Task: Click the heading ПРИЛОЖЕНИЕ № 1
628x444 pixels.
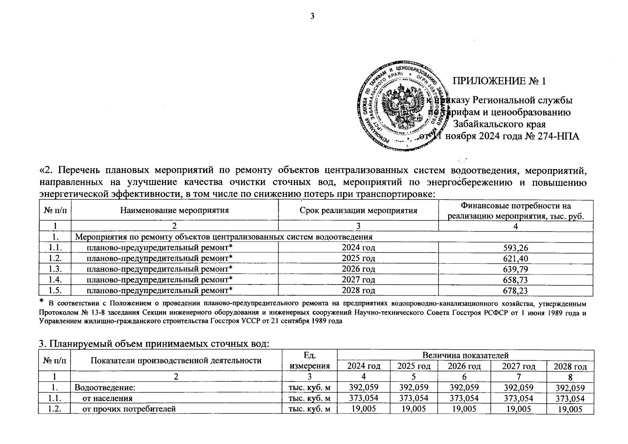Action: (500, 81)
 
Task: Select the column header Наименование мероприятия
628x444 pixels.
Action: (174, 211)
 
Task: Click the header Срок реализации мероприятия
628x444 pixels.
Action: (358, 211)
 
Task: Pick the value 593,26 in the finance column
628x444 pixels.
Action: (516, 248)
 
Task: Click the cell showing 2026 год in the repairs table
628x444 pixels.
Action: (358, 269)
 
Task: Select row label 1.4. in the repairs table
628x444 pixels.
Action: (54, 280)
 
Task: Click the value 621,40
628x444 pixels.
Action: (516, 259)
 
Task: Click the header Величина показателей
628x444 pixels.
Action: (465, 356)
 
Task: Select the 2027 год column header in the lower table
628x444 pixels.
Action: (518, 366)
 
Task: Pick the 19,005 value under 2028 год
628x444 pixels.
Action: (570, 409)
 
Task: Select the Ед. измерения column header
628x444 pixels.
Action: (309, 361)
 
